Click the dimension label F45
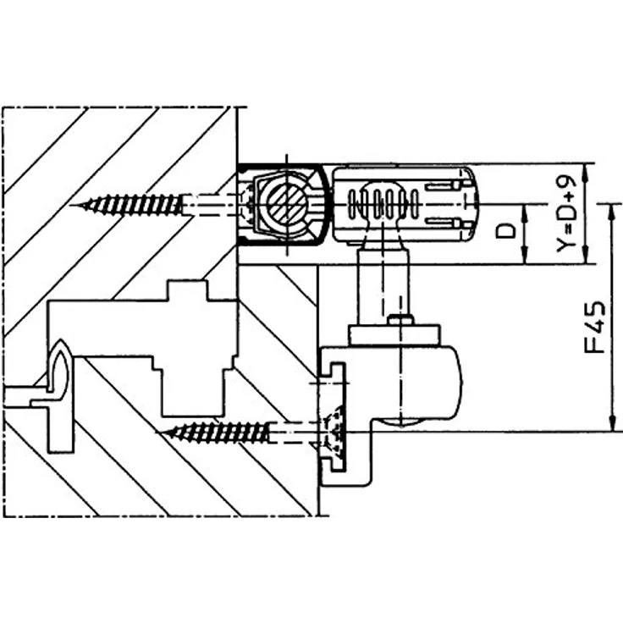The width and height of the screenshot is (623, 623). [595, 328]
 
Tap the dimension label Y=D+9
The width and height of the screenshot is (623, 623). [566, 214]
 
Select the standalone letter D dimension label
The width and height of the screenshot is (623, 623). [506, 230]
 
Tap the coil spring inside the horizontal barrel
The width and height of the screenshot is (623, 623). [383, 203]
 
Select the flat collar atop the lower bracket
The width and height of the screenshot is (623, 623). [394, 335]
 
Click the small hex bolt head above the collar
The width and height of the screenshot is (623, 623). [400, 320]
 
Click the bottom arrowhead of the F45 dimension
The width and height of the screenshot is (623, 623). [613, 423]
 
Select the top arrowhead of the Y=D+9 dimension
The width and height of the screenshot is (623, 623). [584, 172]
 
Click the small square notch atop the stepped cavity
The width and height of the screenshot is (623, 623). [187, 290]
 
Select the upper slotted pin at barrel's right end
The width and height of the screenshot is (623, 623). [443, 185]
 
